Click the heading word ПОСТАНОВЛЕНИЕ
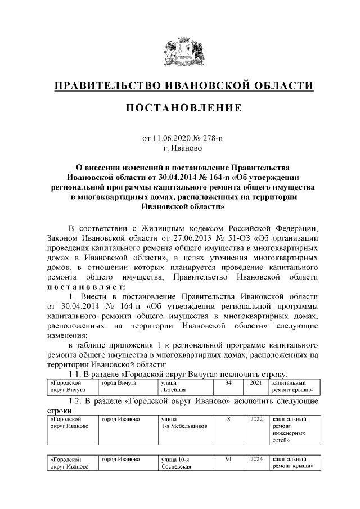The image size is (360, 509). (183, 107)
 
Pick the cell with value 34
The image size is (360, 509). (228, 382)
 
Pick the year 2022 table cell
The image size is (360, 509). (256, 420)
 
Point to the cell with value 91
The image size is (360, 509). (228, 460)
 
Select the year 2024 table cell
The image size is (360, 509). (256, 460)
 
